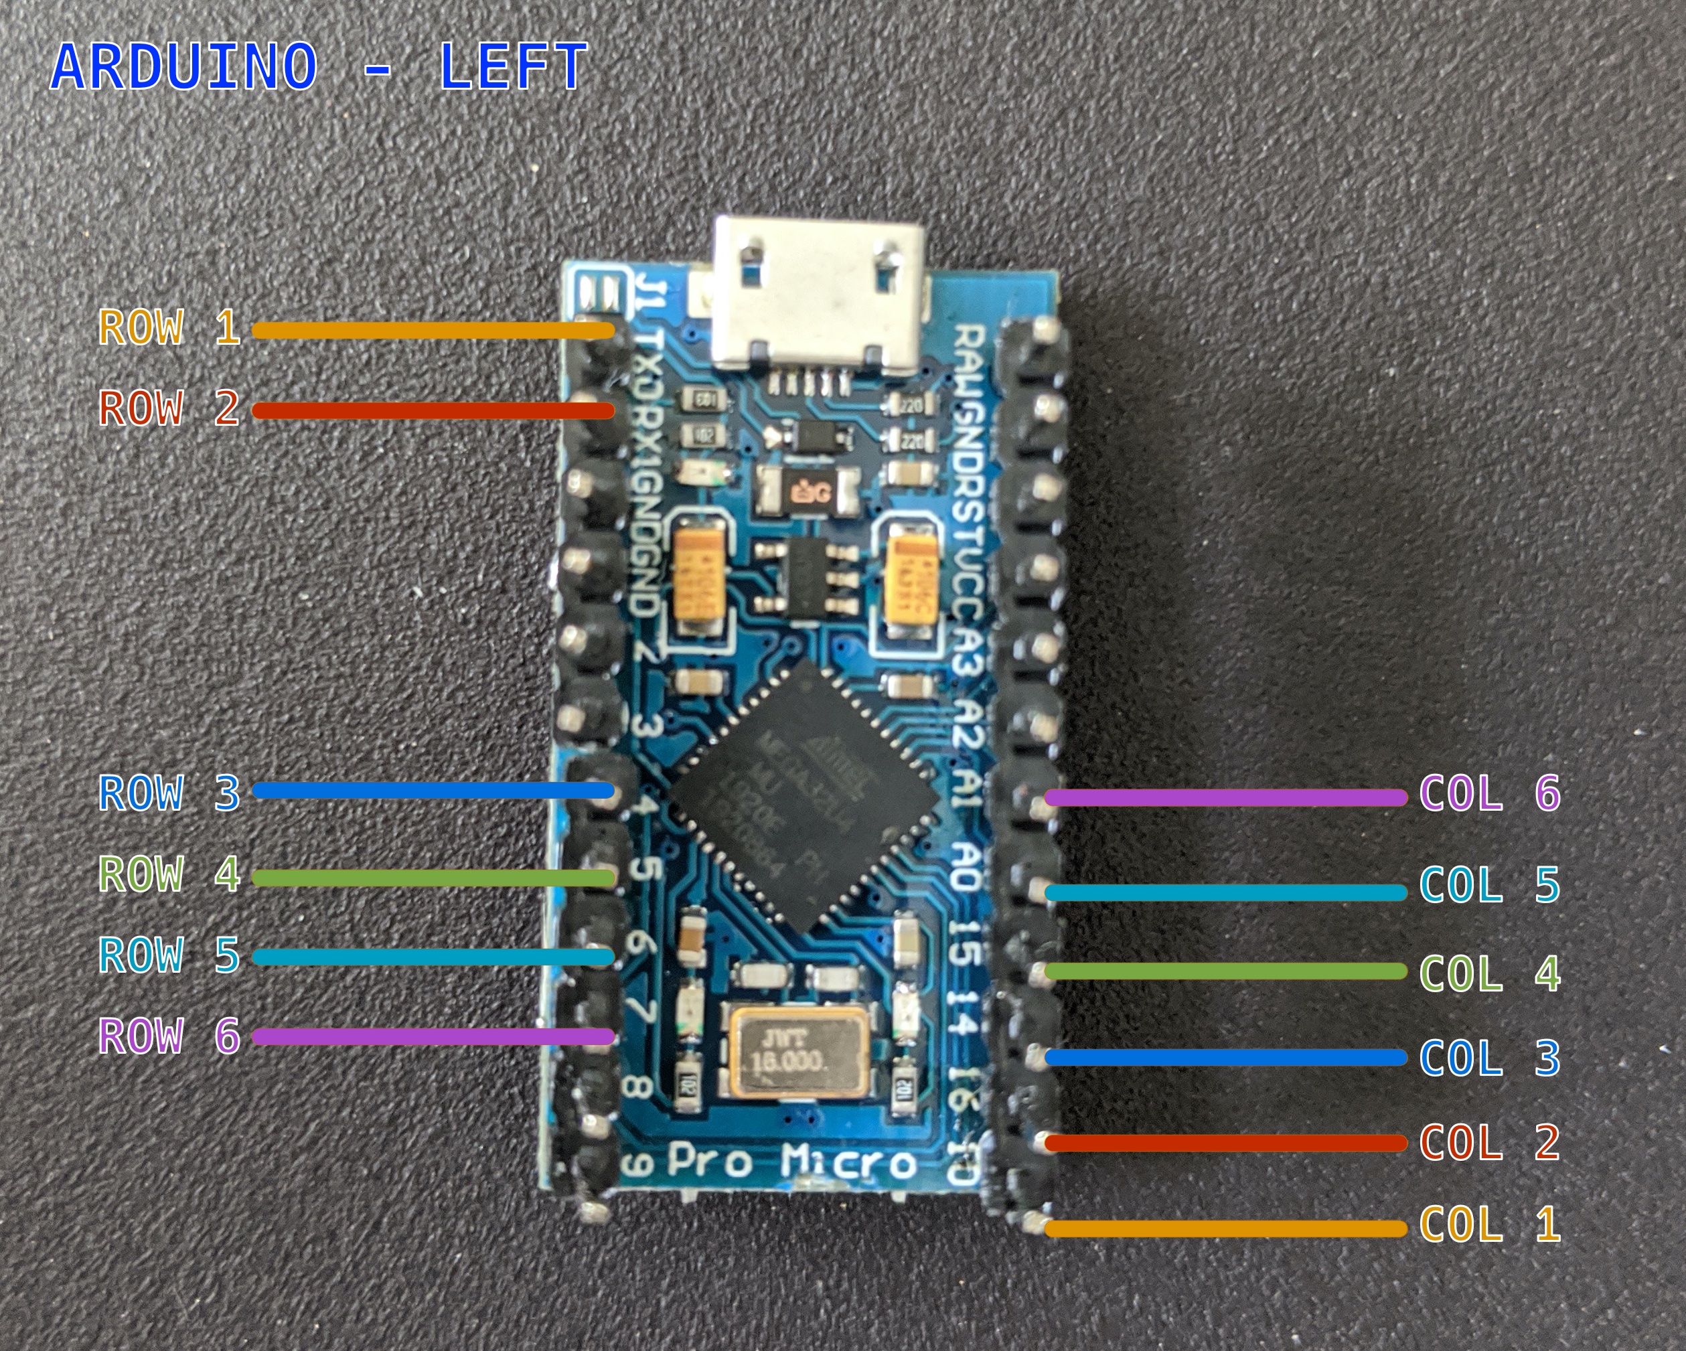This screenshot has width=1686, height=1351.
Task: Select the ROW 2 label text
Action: [169, 408]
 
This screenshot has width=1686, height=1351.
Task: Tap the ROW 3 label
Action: [169, 793]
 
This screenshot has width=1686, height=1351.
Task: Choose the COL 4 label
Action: [1489, 973]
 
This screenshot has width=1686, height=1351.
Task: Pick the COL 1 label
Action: [1489, 1224]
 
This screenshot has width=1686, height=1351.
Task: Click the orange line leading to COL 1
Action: [1225, 1229]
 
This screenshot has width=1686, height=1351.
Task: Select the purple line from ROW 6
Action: [433, 1037]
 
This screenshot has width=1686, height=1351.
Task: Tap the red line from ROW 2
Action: [433, 410]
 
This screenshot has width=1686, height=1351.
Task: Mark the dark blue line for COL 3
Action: [1225, 1058]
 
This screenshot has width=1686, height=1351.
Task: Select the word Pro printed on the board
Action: [708, 1163]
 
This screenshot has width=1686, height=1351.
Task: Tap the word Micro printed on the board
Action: [848, 1163]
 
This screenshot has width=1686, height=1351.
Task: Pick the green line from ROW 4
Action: [433, 878]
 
